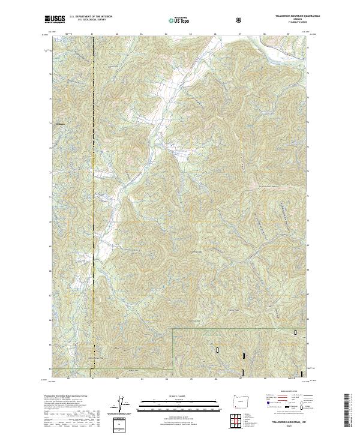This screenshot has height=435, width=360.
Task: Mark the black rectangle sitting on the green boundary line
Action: pyautogui.click(x=295, y=331)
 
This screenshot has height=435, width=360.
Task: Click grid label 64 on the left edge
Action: pyautogui.click(x=50, y=368)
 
